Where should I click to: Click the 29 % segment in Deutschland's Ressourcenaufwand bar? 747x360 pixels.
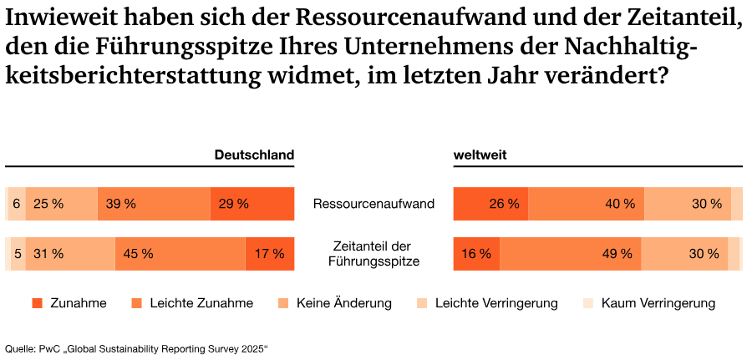(x=252, y=203)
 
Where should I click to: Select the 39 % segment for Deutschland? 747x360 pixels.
(x=154, y=203)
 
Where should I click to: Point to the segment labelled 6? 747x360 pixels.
(x=16, y=203)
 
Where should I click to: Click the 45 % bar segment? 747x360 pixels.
(x=180, y=254)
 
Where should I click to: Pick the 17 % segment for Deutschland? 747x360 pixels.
(x=269, y=254)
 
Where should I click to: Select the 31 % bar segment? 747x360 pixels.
(x=70, y=254)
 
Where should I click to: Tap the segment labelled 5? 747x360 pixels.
(x=17, y=254)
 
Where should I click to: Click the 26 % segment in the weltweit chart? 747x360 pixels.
(x=490, y=203)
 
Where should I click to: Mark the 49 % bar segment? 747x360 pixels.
(x=571, y=254)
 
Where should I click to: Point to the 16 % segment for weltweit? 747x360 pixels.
(x=476, y=254)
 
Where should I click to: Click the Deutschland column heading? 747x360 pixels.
(x=254, y=155)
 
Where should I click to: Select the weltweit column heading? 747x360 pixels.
(x=480, y=155)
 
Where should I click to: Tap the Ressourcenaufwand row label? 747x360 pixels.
(x=373, y=203)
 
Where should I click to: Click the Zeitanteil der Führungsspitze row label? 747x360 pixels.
(x=373, y=254)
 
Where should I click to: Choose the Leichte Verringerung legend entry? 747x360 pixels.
(x=496, y=303)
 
